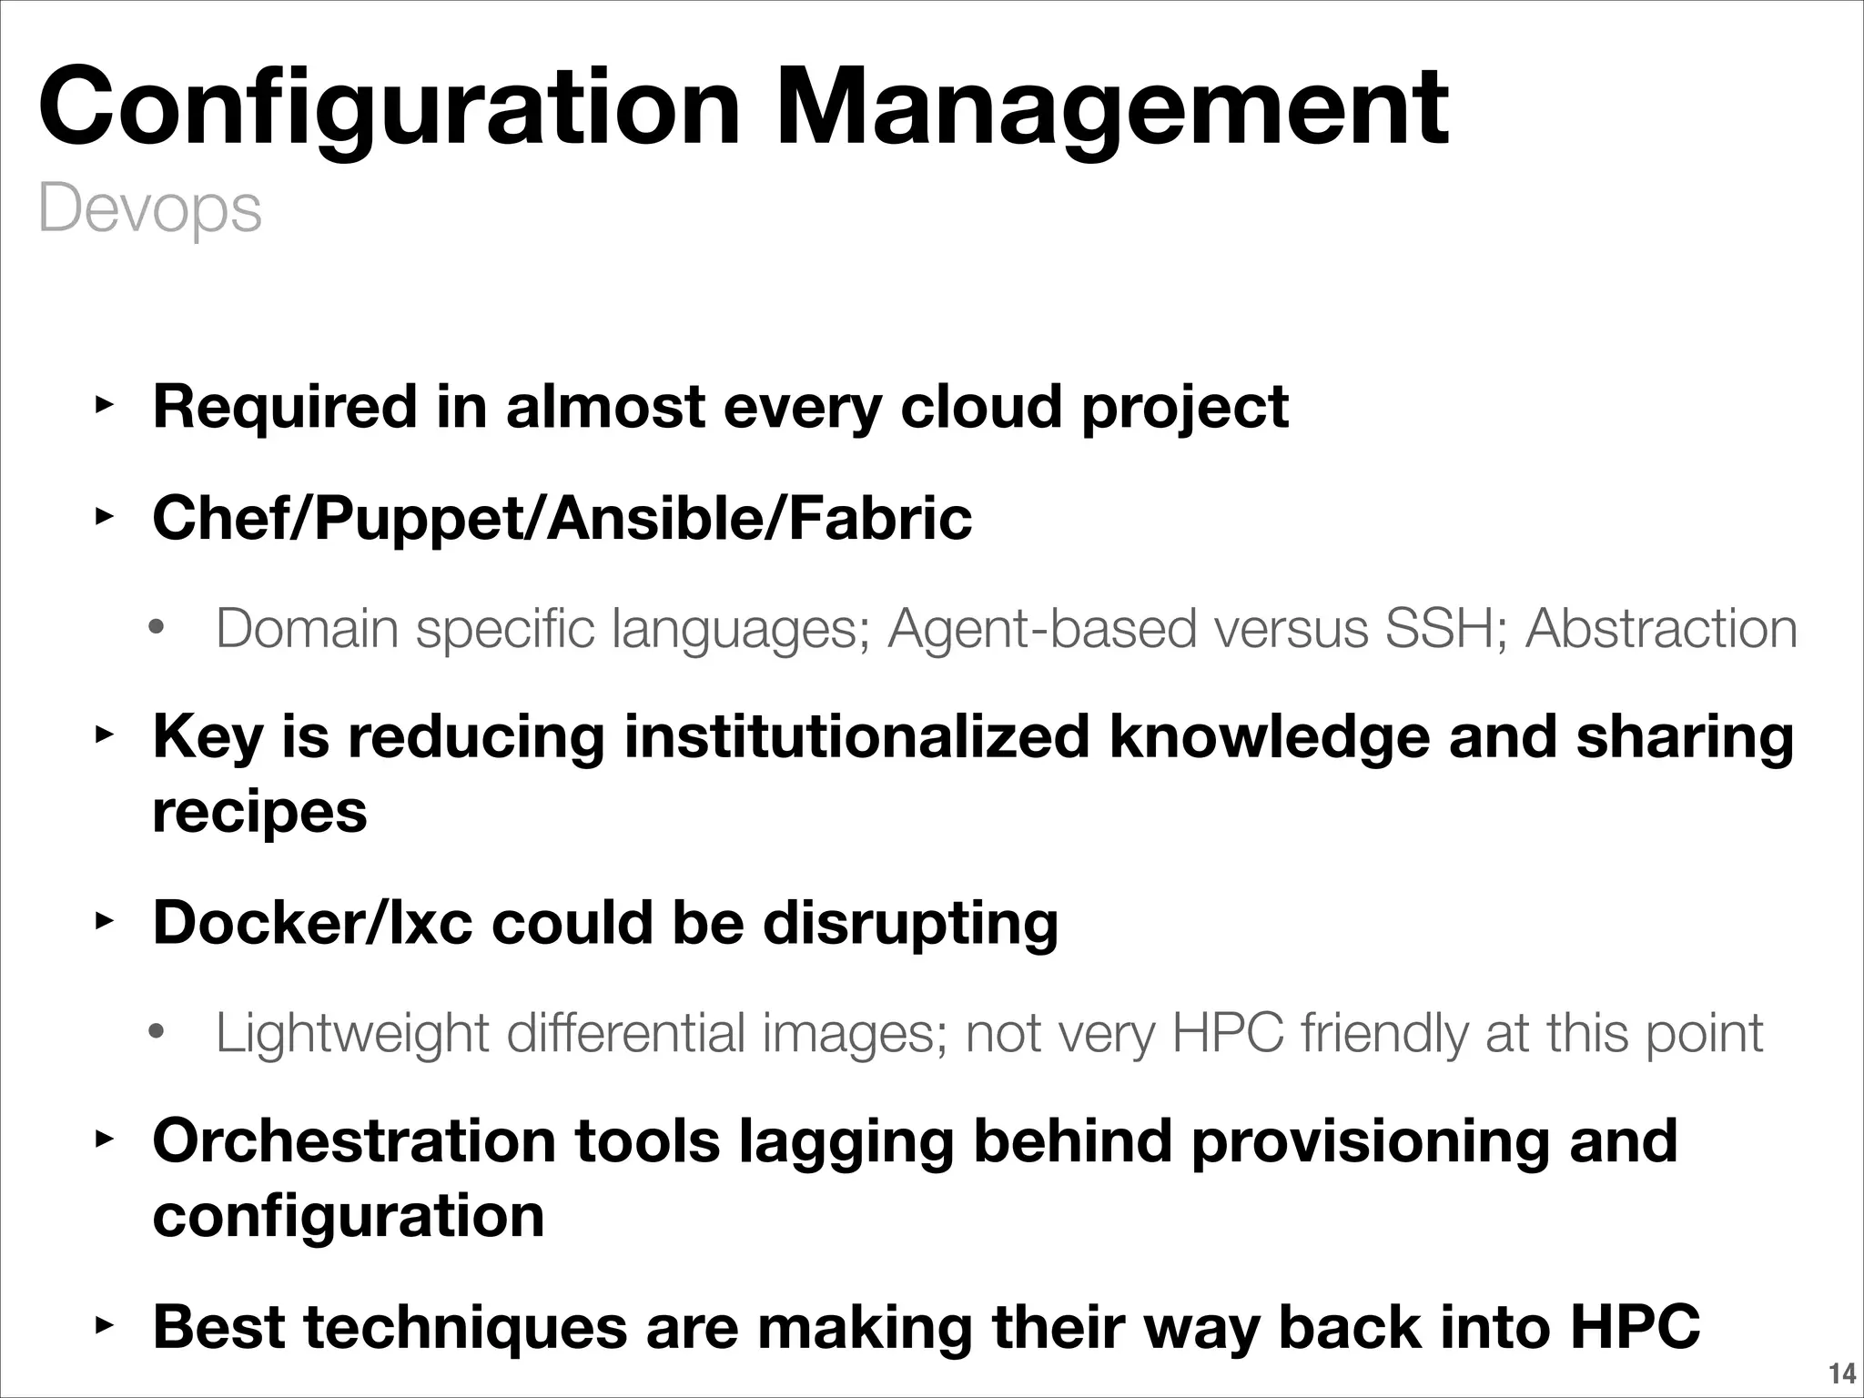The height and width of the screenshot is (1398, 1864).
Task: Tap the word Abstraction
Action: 1661,629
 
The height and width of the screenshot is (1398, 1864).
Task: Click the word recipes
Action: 259,812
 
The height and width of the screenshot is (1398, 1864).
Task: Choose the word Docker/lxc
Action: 312,923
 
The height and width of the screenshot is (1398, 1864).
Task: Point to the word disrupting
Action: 910,923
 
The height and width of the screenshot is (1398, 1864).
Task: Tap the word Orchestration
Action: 354,1140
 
